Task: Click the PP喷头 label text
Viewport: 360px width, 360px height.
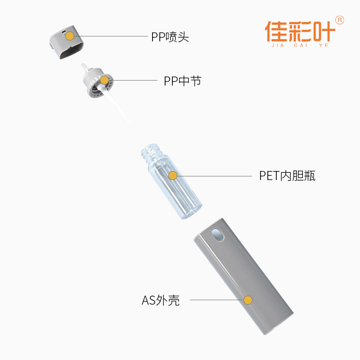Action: [x=170, y=37]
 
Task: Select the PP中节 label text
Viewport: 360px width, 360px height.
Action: [x=182, y=81]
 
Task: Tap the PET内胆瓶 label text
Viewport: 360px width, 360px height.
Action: [x=287, y=175]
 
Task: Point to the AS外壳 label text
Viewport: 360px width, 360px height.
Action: [x=161, y=300]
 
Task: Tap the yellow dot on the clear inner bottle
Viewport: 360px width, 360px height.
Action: [x=172, y=175]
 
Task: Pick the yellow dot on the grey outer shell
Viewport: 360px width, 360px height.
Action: [x=247, y=300]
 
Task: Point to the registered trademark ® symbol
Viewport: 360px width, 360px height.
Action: [x=340, y=20]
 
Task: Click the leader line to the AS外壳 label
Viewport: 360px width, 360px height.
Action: [x=216, y=300]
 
